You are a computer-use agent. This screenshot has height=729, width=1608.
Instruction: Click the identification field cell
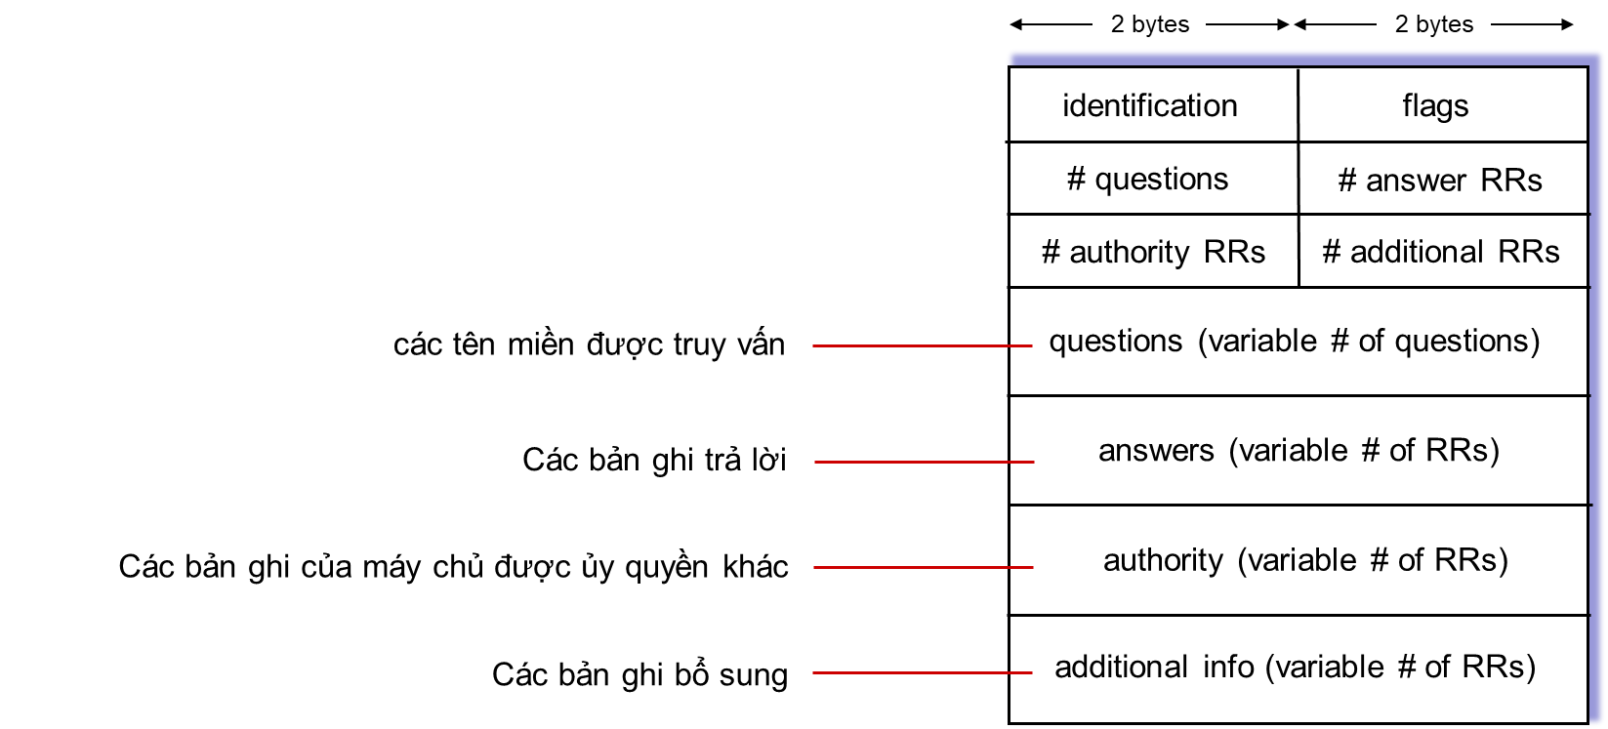tap(1153, 104)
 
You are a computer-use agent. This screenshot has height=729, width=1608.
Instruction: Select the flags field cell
tap(1443, 104)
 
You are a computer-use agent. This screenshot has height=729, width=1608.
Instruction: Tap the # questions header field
tap(1153, 178)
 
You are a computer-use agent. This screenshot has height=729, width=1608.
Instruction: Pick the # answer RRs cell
tap(1443, 178)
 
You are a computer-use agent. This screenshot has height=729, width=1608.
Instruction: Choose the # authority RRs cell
tap(1153, 251)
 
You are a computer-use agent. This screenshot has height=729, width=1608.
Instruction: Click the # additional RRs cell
tap(1443, 251)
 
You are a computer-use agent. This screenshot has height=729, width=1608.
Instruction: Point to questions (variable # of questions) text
tap(1295, 342)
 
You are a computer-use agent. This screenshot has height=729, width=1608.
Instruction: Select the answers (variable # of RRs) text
tap(1299, 451)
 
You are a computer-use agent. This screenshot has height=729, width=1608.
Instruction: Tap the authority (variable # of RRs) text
tap(1305, 560)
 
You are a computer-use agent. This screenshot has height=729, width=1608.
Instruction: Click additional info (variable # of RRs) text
tap(1295, 668)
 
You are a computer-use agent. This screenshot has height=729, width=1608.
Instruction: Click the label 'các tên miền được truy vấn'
tap(589, 344)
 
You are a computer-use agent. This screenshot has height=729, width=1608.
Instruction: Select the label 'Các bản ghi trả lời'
tap(654, 460)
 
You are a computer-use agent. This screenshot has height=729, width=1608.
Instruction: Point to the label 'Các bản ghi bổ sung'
tap(639, 674)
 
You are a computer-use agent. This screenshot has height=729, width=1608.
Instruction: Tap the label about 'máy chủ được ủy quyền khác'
tap(453, 567)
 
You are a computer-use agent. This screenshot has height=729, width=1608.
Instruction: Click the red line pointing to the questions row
tap(923, 345)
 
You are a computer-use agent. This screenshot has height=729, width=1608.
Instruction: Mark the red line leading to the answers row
tap(925, 462)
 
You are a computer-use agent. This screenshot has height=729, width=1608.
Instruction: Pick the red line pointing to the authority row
tap(924, 567)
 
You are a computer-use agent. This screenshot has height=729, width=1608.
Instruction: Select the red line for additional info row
tap(923, 672)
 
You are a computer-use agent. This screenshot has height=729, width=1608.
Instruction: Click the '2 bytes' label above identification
tap(1150, 24)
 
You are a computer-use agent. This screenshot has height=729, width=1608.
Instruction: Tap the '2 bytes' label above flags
tap(1434, 24)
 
